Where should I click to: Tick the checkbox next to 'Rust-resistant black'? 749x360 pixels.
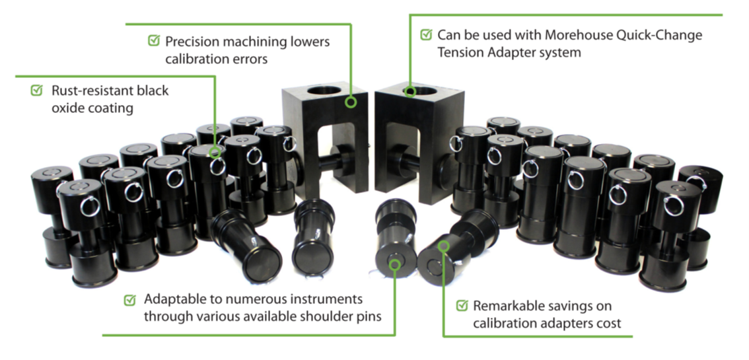coord(37,90)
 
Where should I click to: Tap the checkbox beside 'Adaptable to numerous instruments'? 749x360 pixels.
coord(130,300)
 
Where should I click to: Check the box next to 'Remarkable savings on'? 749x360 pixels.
coord(462,306)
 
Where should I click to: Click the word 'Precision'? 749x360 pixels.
coord(196,41)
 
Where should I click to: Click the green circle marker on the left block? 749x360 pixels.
coord(350,102)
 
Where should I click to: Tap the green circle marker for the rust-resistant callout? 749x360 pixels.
coord(215,153)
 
